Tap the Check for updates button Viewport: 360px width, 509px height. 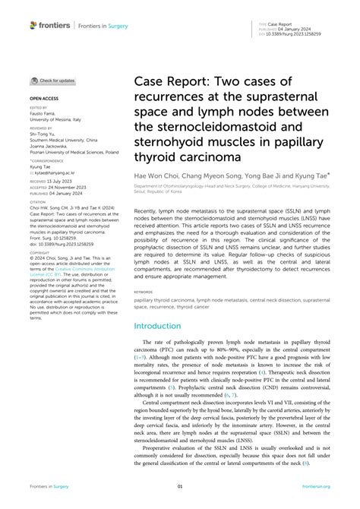click(52, 80)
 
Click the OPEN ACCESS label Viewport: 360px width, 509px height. click(45, 99)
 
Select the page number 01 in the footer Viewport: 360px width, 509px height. click(180, 486)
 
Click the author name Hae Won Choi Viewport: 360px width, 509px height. click(159, 174)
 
